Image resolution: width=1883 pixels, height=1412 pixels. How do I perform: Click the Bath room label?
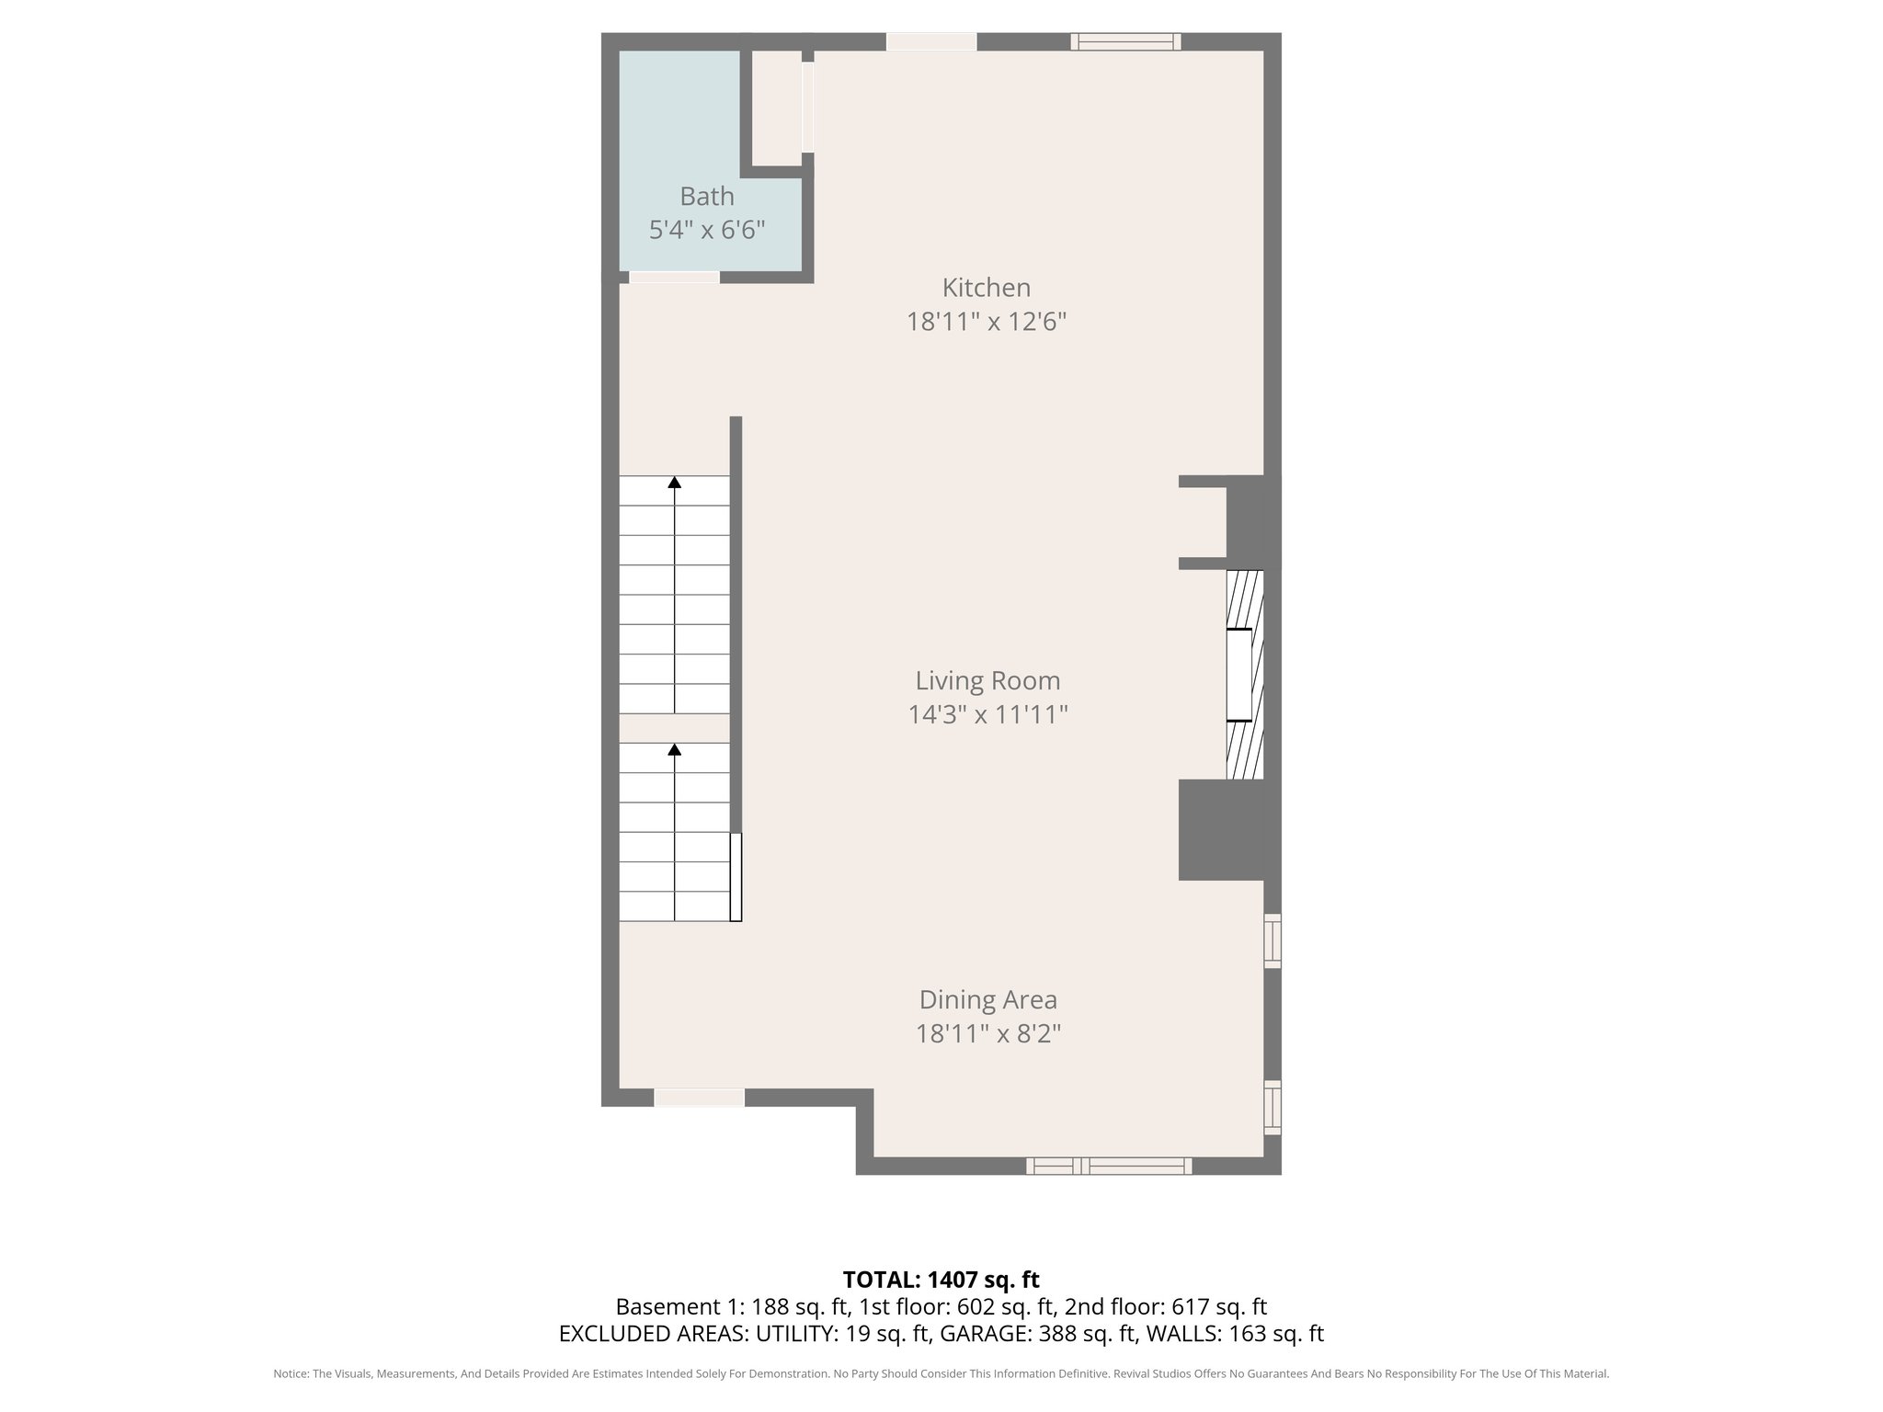(x=706, y=196)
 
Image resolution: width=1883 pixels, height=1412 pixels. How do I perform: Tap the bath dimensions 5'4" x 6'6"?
(x=706, y=230)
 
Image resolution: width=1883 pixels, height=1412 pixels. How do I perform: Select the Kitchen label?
(x=986, y=288)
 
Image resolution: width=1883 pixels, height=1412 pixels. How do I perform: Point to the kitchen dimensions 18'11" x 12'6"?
(x=986, y=322)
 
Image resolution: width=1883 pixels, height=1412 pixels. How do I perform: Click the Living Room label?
(x=987, y=680)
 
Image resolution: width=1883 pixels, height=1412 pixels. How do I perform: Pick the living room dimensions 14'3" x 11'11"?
(x=987, y=714)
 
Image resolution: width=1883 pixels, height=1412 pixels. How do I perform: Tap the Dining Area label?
(x=987, y=999)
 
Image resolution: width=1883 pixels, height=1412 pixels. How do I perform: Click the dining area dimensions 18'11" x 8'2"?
(x=987, y=1033)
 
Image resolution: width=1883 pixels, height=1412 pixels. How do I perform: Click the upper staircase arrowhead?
(x=675, y=482)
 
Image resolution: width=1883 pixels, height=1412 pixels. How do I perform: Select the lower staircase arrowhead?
(x=675, y=749)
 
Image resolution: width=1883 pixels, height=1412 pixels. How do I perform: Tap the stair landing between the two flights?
(x=674, y=728)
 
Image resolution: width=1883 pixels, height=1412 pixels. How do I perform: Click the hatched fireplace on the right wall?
(x=1245, y=675)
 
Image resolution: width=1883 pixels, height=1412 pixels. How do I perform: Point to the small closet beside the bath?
(x=777, y=108)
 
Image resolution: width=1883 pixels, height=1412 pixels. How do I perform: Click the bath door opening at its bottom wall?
(x=674, y=277)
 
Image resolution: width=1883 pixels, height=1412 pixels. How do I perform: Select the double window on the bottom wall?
(x=1109, y=1166)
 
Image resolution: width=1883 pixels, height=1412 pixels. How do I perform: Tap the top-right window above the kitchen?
(x=1125, y=41)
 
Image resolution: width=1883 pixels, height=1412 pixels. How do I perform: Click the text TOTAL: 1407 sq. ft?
(x=941, y=1279)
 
